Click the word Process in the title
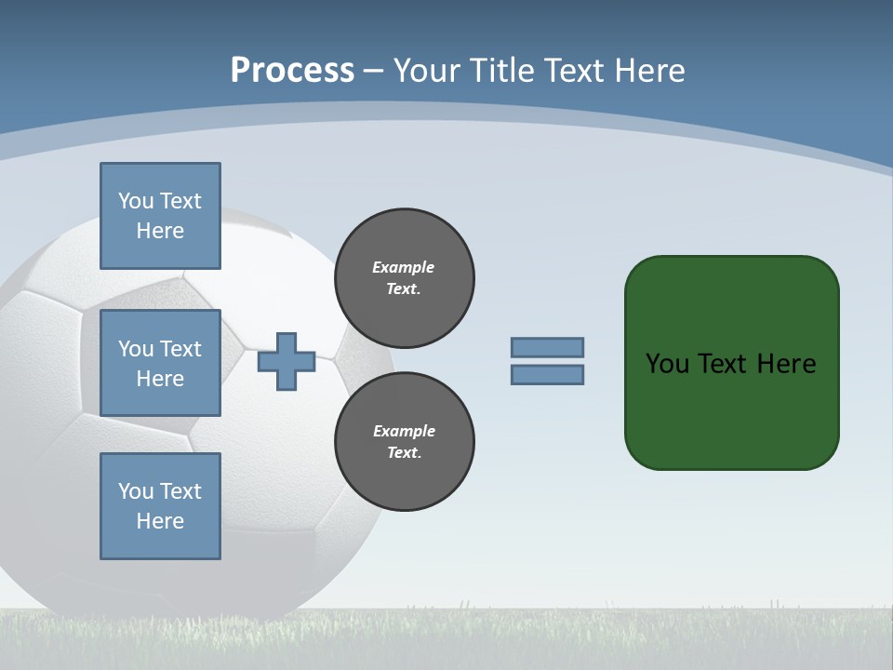(292, 71)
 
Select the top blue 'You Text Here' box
(160, 216)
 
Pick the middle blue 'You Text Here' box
(160, 363)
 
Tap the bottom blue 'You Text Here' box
(160, 506)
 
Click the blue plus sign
(287, 361)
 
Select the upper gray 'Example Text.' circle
(405, 278)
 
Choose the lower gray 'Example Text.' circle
(405, 442)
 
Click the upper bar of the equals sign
(547, 347)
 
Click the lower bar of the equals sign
(547, 375)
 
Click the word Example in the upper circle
(403, 267)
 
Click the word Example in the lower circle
(403, 431)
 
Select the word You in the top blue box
(136, 201)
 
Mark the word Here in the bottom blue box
(160, 521)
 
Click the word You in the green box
(667, 364)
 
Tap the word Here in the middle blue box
(160, 379)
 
